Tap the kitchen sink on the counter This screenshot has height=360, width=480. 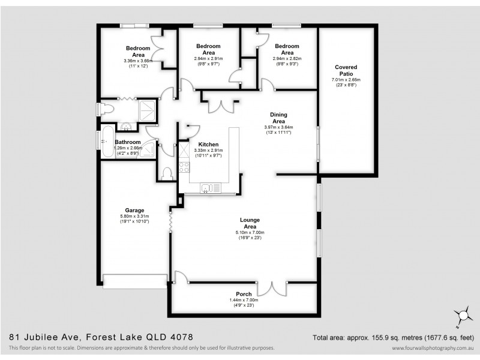click(210, 188)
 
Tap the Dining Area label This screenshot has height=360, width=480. click(278, 118)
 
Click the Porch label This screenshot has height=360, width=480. click(244, 294)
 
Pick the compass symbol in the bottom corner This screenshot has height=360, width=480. click(463, 314)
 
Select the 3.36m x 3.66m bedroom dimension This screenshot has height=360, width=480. click(138, 61)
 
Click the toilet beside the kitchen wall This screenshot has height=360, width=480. click(167, 173)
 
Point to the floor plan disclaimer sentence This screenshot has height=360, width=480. click(142, 348)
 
